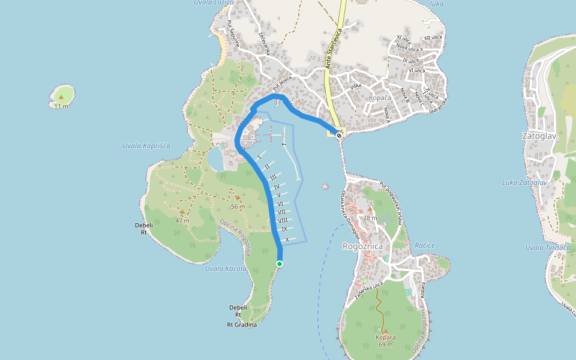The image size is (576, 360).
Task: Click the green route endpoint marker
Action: (x=280, y=263)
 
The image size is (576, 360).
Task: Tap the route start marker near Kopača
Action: (x=340, y=136)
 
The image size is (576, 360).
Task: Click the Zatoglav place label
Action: (x=539, y=136)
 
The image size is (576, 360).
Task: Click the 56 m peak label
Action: (x=238, y=206)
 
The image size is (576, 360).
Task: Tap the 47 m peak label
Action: (x=182, y=220)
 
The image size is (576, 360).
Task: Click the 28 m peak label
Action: (x=370, y=218)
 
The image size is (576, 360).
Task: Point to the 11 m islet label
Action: (x=61, y=106)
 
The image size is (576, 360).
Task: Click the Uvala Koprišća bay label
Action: (x=146, y=146)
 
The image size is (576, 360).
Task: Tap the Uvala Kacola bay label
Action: (x=226, y=268)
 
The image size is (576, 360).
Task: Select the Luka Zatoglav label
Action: (x=523, y=182)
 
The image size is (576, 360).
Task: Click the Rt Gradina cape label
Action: (x=242, y=325)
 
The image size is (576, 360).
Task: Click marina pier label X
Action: (x=287, y=240)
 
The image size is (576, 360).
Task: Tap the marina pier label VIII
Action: (x=283, y=220)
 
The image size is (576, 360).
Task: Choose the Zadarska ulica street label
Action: (x=368, y=290)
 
